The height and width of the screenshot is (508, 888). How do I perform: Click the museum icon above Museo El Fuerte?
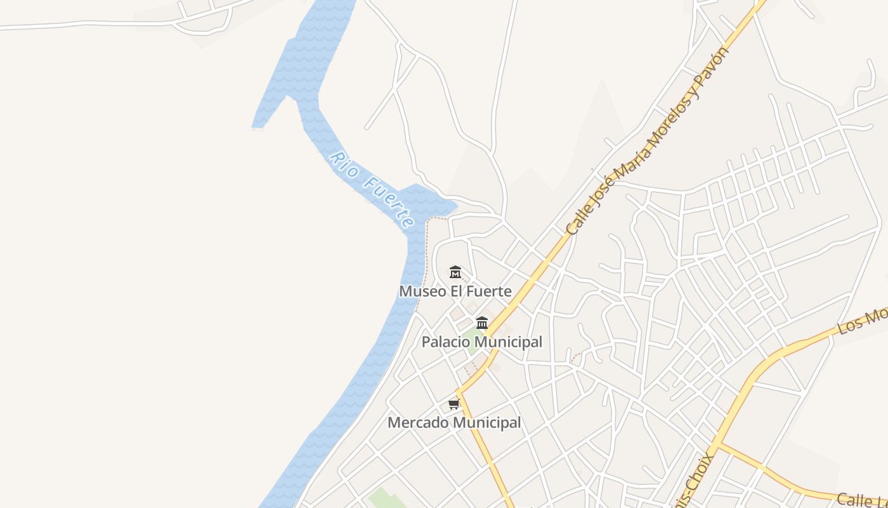click(x=455, y=272)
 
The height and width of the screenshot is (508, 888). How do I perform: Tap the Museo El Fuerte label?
click(x=455, y=291)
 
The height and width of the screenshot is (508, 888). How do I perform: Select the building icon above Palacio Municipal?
click(x=482, y=323)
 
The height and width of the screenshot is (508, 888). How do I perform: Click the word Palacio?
click(x=447, y=342)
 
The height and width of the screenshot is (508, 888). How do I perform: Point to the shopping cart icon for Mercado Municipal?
click(x=454, y=404)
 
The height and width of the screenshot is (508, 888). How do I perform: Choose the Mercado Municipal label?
click(x=454, y=422)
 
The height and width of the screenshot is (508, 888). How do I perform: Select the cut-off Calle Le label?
click(x=861, y=500)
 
